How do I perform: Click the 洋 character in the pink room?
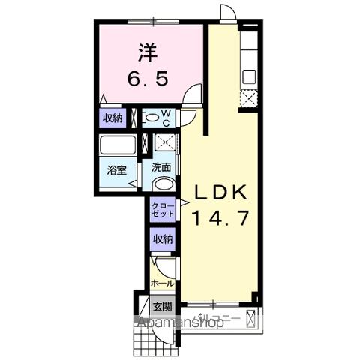click(147, 52)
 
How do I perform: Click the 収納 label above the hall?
click(163, 239)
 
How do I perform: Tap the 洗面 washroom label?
click(161, 168)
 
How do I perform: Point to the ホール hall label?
click(162, 283)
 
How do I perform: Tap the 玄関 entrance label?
click(162, 306)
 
